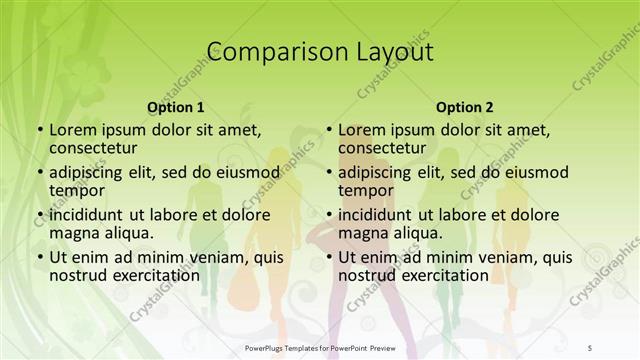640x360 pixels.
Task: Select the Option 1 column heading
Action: (x=176, y=106)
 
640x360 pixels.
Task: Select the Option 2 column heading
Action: (x=465, y=106)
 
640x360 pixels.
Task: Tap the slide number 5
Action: (x=590, y=347)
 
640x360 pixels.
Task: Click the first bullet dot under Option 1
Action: (x=39, y=130)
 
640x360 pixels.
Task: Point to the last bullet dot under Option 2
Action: (x=328, y=258)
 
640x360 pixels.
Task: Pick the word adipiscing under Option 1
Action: (x=92, y=171)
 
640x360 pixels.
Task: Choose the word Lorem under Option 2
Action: (x=362, y=129)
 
